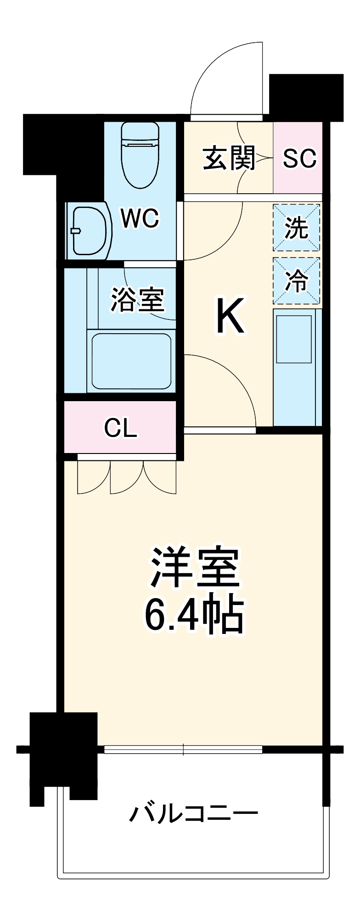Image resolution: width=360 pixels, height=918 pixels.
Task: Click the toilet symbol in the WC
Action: click(140, 156)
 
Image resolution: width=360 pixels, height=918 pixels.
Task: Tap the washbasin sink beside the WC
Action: click(90, 230)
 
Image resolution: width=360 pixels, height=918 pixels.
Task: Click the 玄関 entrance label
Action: click(229, 158)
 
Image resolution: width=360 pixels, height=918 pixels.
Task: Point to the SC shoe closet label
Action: click(299, 158)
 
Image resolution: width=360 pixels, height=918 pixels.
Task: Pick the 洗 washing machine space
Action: click(297, 228)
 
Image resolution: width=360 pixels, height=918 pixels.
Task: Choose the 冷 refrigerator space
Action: click(297, 281)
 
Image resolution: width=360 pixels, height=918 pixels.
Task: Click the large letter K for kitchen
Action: click(231, 316)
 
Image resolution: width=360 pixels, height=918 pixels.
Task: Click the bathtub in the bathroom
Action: click(131, 361)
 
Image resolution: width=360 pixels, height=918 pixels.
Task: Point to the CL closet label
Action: click(120, 428)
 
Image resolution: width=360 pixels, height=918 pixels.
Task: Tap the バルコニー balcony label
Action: click(193, 814)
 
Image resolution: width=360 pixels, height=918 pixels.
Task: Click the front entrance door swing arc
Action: click(225, 78)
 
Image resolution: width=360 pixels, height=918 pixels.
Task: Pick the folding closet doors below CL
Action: click(127, 477)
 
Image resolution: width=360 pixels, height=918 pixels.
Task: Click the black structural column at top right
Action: click(306, 96)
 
